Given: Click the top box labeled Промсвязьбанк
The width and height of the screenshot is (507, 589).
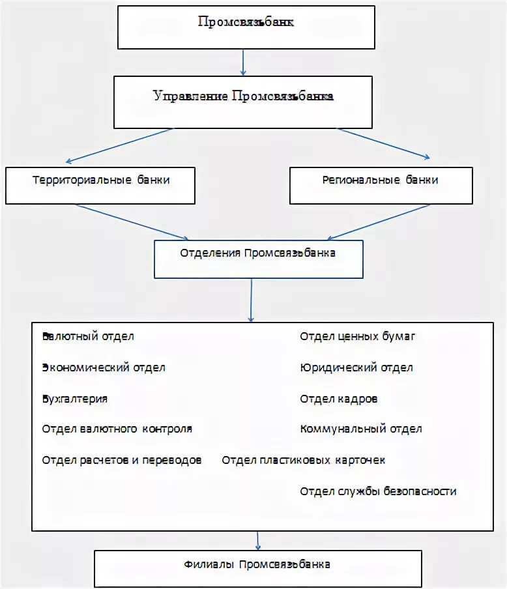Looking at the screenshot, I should click(x=246, y=27).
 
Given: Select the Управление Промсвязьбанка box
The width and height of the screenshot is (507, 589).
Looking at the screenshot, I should click(x=243, y=101).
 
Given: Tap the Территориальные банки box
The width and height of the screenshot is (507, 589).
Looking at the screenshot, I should click(x=100, y=185).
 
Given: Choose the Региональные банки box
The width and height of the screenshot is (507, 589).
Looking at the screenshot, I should click(x=380, y=185).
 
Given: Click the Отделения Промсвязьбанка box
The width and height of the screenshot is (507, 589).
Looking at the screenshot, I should click(x=257, y=259).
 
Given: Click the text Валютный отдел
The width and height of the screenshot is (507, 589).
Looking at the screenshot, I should click(x=88, y=337).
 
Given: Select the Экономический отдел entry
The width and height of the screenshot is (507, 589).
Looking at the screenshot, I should click(x=104, y=367).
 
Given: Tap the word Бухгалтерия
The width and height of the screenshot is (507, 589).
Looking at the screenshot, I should click(x=75, y=399).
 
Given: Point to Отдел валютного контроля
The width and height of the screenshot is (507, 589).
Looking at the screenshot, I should click(x=117, y=429).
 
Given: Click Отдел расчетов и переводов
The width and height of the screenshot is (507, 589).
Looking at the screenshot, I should click(x=122, y=461).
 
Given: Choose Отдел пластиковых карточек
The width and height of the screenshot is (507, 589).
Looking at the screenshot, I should click(x=304, y=461).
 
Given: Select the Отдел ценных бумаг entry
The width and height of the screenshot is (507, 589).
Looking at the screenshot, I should click(x=358, y=337).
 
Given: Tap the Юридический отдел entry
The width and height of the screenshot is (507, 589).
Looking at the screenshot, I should click(x=356, y=367).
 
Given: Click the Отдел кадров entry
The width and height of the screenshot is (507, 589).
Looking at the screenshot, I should click(x=339, y=399).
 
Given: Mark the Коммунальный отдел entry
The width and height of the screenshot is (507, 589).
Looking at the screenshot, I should click(x=361, y=429).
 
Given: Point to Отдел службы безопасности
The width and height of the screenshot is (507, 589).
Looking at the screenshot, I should click(x=379, y=492).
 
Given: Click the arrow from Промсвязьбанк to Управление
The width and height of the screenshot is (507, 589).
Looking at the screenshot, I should click(x=243, y=63).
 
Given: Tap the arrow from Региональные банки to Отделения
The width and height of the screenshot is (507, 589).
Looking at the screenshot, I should click(x=378, y=222).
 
